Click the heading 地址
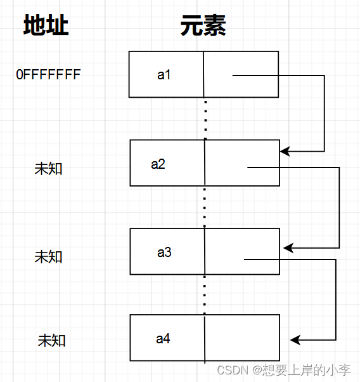[x=46, y=25]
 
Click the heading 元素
[x=203, y=25]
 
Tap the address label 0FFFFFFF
[x=48, y=74]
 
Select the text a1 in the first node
[x=164, y=74]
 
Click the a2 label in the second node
[x=158, y=164]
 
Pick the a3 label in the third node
[x=164, y=252]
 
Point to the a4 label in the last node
[x=163, y=339]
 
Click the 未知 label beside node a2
[x=48, y=169]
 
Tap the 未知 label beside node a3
[x=48, y=257]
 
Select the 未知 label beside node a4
[x=51, y=340]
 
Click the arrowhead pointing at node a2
[x=285, y=151]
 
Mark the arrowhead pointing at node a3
[x=288, y=248]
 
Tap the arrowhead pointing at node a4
[x=295, y=340]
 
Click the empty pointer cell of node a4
[x=242, y=338]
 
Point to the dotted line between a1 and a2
[x=206, y=119]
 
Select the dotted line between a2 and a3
[x=205, y=207]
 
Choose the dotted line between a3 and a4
[x=205, y=295]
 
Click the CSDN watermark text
[x=284, y=371]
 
